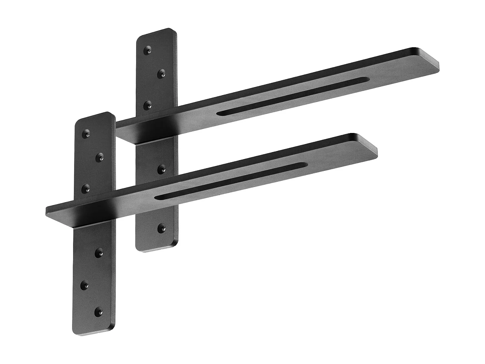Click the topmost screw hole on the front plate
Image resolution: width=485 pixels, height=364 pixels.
click(x=86, y=134)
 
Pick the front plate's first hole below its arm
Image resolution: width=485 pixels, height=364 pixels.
click(x=99, y=252)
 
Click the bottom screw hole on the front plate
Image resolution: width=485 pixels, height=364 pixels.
click(x=99, y=312)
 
